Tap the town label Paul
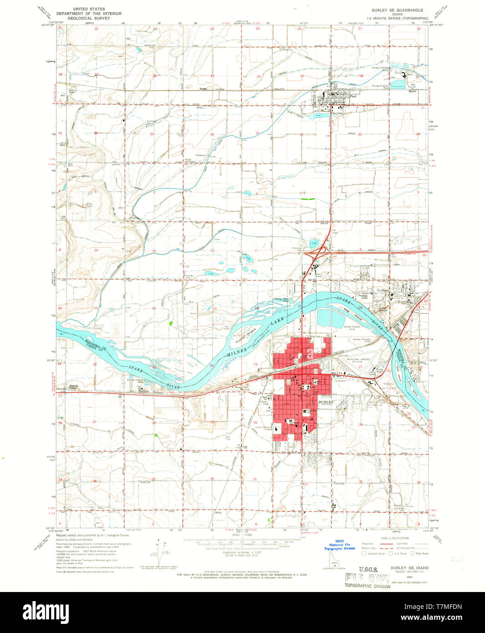click(352, 96)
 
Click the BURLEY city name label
click(326, 402)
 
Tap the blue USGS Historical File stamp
click(339, 545)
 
